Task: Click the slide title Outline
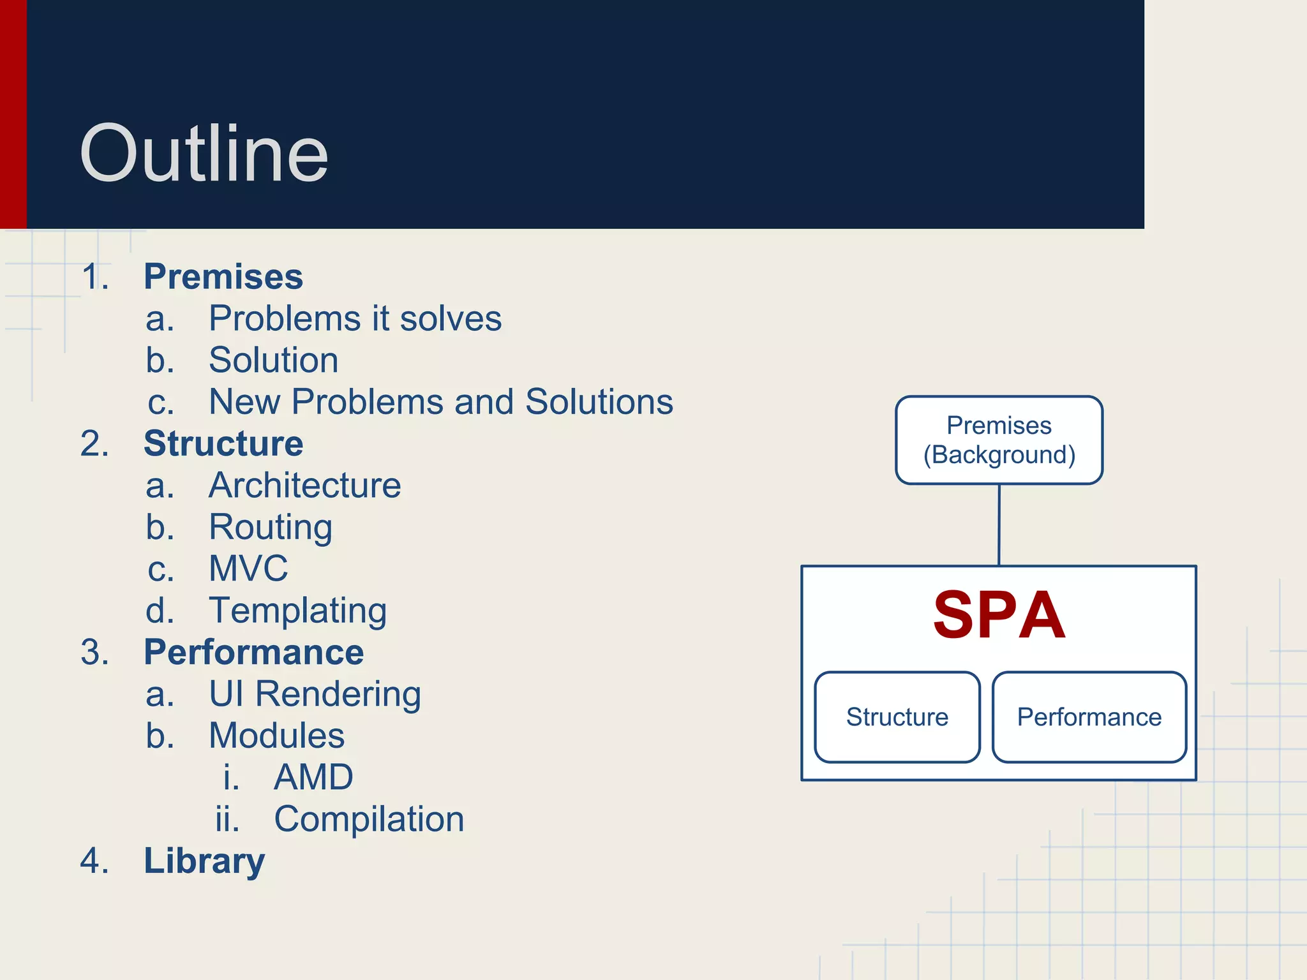[204, 154]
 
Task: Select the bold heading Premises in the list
[223, 277]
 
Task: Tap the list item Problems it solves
[355, 318]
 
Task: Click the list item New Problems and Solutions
[441, 402]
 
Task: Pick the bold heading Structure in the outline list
[223, 443]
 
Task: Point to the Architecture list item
[305, 486]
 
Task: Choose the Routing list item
[271, 527]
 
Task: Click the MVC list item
[248, 568]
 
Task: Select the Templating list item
[297, 611]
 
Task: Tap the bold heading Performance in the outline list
[253, 652]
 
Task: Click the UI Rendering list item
[315, 694]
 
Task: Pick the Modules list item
[276, 736]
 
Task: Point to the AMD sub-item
[313, 777]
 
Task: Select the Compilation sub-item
[369, 819]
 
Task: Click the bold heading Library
[204, 861]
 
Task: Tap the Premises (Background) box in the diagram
[999, 440]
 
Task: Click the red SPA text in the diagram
[999, 615]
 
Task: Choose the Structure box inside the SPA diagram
[897, 717]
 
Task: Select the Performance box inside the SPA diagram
[1089, 717]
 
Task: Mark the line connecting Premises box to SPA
[999, 525]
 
